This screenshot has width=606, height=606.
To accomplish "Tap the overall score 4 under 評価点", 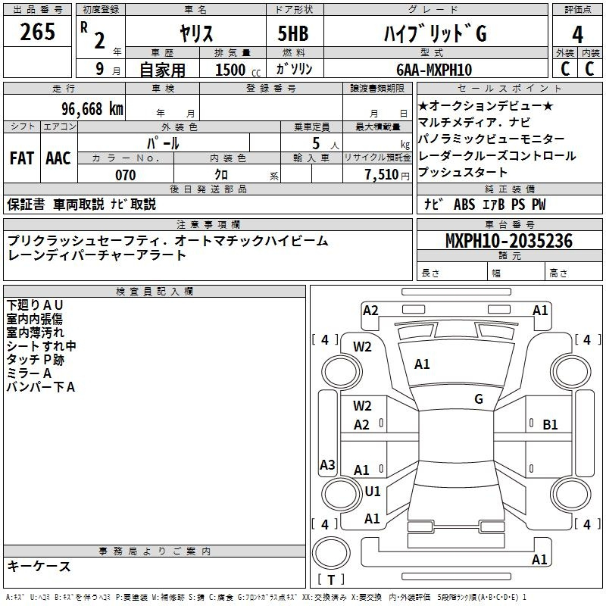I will click(578, 34).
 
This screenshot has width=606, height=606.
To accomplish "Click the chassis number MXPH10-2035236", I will click(508, 242).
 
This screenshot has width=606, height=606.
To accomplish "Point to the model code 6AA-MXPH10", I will click(434, 70).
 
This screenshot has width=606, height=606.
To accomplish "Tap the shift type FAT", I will click(22, 158).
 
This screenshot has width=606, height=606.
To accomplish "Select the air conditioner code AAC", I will click(58, 158).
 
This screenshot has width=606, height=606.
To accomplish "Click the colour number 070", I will click(125, 176).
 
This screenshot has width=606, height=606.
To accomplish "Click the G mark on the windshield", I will click(479, 399).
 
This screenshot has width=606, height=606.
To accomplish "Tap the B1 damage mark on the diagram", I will click(551, 425).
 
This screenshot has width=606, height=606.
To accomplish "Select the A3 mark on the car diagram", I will click(327, 465).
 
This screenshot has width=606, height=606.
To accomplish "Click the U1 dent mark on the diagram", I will click(373, 491).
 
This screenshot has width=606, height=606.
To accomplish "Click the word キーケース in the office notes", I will click(39, 567).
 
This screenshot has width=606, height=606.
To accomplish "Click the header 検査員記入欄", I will click(155, 292).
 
